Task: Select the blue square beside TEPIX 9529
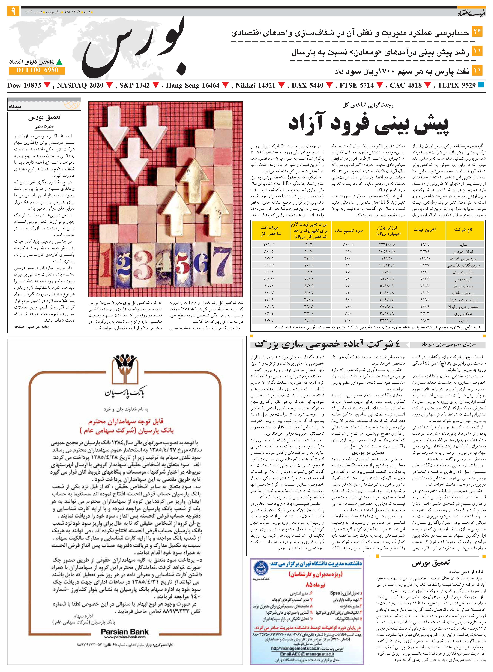481,85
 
